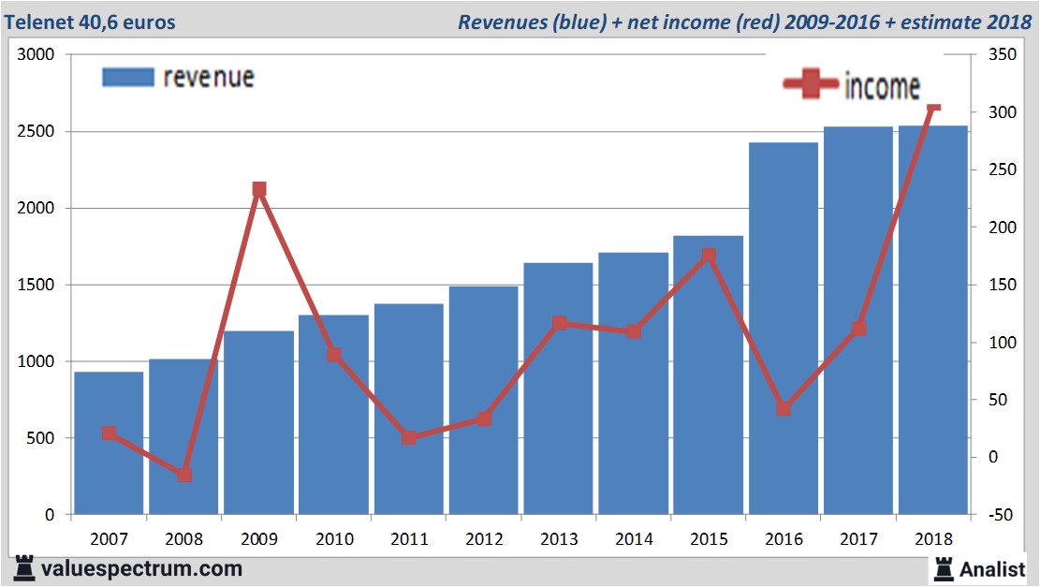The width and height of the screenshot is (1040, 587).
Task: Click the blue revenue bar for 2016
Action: tap(784, 328)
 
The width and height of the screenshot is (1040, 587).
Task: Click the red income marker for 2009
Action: tap(259, 190)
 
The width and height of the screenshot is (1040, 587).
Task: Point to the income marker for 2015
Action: tap(709, 256)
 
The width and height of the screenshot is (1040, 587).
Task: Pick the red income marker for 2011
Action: tap(409, 437)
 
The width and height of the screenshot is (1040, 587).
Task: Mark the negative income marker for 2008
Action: tap(184, 475)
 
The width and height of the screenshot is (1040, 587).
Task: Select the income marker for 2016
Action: tap(784, 408)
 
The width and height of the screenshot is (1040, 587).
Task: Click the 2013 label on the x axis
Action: tap(559, 539)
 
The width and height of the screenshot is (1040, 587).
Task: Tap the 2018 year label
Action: tap(933, 539)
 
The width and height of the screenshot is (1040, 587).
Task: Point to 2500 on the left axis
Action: tap(37, 132)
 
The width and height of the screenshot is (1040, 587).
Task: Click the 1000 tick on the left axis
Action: tap(37, 361)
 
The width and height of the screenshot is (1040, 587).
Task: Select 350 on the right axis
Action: tap(989, 55)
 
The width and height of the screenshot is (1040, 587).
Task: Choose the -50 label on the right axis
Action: tap(989, 515)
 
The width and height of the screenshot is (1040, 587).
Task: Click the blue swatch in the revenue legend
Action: tap(127, 77)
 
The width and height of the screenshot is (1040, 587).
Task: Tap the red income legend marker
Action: tap(811, 84)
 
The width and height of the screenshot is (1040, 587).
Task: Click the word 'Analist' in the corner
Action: tap(992, 568)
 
